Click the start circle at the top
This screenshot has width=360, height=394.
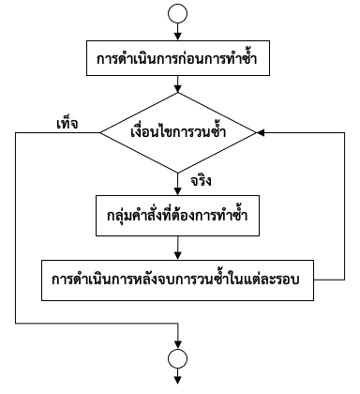pos(178,14)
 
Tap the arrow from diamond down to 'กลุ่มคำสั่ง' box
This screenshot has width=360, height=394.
pos(178,181)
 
